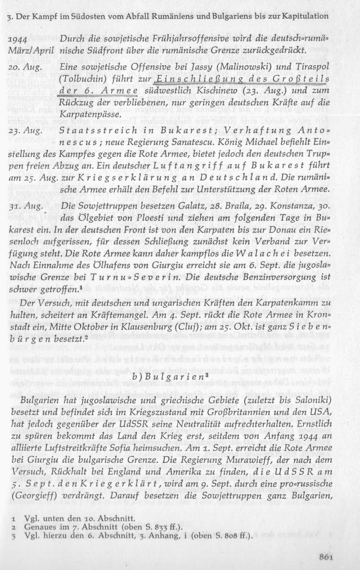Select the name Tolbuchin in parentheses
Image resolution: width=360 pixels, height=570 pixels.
(x=83, y=80)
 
